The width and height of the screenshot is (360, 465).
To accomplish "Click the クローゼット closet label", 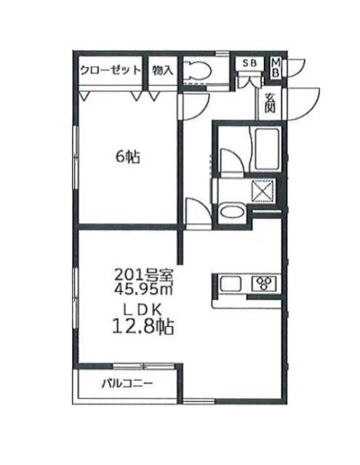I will pos(109,70).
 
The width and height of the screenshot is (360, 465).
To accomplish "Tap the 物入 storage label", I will pos(163,70).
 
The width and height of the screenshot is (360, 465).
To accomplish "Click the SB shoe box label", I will pos(249,63).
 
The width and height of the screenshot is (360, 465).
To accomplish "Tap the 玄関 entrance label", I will pos(271,104).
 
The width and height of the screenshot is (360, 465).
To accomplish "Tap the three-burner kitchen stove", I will pos(262,282).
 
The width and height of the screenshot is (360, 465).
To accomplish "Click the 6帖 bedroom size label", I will pos(128,156).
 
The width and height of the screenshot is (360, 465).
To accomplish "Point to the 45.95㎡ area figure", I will pos(143,288).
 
